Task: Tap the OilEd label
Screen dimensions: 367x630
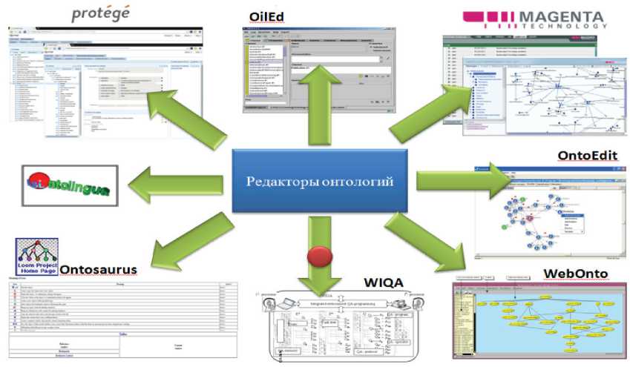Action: click(272, 17)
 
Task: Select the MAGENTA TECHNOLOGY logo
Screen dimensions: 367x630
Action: click(534, 18)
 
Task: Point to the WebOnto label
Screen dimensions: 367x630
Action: click(577, 274)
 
